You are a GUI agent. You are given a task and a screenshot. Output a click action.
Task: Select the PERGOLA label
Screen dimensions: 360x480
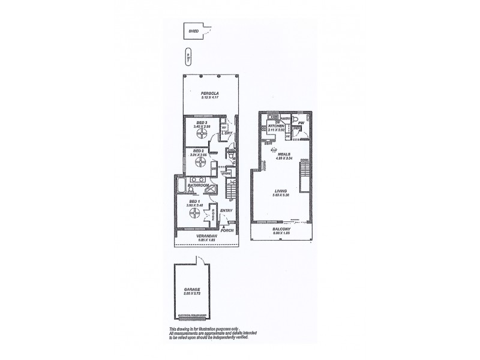point(209,94)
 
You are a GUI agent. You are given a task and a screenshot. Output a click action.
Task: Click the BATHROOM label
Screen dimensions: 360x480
point(197,186)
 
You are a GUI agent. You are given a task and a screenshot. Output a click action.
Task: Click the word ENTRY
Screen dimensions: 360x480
point(226,211)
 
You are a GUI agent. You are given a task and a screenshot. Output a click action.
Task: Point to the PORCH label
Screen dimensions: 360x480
point(227,230)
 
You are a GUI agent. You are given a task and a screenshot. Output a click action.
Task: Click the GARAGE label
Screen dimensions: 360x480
point(192,289)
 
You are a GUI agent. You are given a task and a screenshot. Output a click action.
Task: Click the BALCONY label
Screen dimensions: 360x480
point(281,229)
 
